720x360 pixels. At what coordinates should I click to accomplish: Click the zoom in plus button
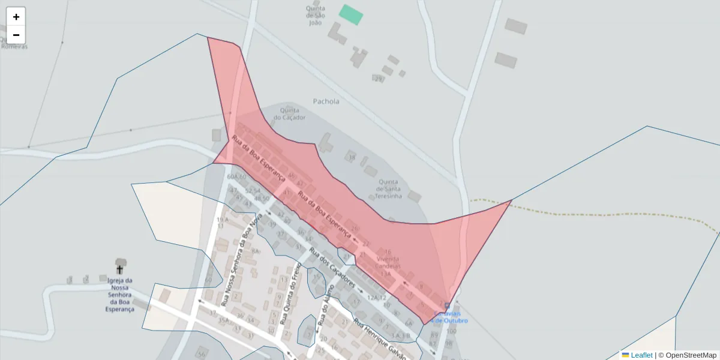coord(16,17)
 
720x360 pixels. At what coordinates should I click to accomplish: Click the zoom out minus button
coord(16,35)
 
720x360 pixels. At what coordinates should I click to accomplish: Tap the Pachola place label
coord(326,101)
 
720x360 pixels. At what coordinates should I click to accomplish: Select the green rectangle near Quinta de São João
coord(351,15)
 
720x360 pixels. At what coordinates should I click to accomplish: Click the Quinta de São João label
coord(316,16)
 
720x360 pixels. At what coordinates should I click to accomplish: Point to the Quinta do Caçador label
coord(290,113)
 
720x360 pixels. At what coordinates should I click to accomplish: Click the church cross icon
coord(119,268)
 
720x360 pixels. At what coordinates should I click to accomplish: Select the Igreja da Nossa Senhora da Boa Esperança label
coord(120,295)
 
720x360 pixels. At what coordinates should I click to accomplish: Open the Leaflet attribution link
coord(641,355)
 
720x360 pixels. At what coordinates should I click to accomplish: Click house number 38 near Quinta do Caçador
coord(352,158)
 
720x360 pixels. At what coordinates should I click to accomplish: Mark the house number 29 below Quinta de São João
coord(378,79)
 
